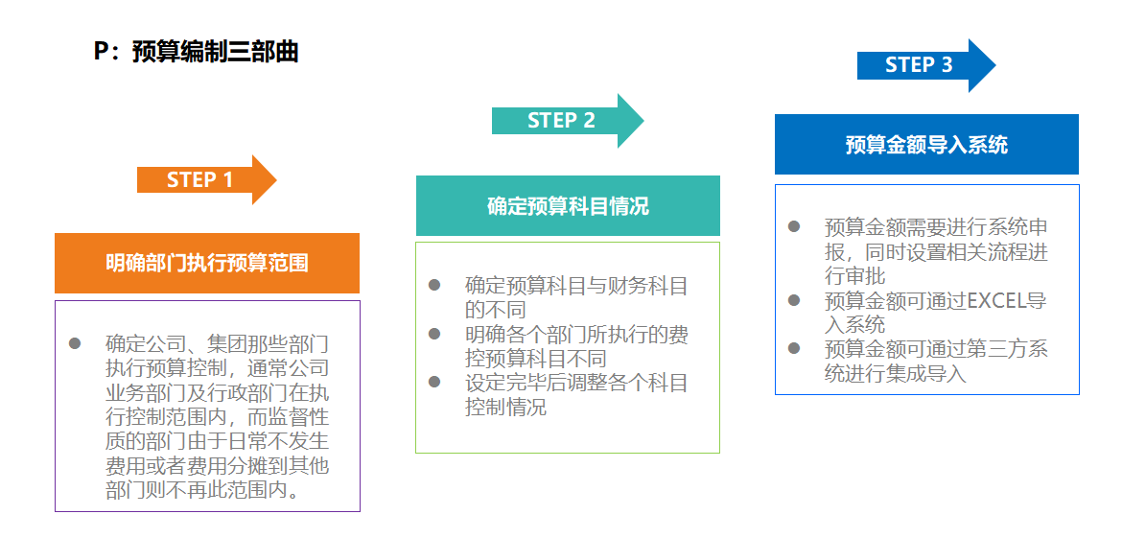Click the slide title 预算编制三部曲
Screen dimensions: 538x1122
(215, 52)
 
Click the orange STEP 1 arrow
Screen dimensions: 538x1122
(206, 179)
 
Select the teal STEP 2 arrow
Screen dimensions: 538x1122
(567, 120)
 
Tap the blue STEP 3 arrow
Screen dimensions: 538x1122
(925, 65)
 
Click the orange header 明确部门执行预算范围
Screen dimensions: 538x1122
(207, 263)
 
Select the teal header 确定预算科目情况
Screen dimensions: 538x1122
(568, 206)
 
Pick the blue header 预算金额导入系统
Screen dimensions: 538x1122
(926, 145)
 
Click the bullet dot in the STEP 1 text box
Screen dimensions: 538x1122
(75, 342)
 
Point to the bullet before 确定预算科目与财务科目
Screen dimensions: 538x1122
(434, 285)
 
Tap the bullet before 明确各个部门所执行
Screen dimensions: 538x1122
(434, 334)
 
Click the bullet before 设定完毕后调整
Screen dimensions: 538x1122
(434, 383)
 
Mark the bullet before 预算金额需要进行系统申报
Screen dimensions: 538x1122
(794, 226)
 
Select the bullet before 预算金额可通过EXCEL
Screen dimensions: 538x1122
(794, 300)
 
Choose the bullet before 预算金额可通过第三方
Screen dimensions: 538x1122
(794, 348)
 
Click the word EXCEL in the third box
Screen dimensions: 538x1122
(996, 301)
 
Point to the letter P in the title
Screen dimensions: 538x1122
(102, 52)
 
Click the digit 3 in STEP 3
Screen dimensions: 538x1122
(947, 65)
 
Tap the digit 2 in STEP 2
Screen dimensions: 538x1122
(589, 120)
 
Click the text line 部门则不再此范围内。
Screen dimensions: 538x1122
(202, 491)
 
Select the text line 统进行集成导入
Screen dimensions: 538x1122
(895, 374)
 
